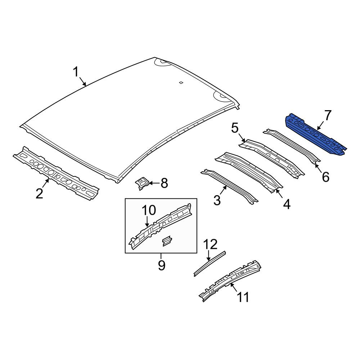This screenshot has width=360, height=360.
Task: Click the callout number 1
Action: point(76,72)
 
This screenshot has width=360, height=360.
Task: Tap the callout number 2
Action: point(39,193)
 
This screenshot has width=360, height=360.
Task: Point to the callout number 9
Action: point(161,265)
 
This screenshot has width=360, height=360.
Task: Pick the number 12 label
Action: point(210,244)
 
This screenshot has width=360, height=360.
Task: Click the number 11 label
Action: point(242,297)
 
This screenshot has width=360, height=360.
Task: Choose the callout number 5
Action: point(235,128)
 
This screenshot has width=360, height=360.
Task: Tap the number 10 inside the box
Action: point(149,210)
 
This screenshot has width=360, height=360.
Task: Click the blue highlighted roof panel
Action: point(316,136)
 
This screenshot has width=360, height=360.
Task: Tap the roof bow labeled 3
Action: point(229,186)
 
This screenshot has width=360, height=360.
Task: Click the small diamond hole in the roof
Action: point(181,83)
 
